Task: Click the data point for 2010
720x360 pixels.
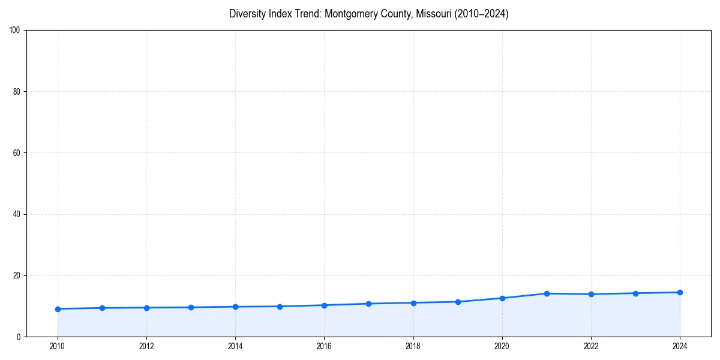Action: tap(58, 309)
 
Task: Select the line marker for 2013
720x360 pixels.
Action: tap(191, 307)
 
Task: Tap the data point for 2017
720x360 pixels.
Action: tap(368, 304)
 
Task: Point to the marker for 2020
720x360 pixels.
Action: tap(502, 298)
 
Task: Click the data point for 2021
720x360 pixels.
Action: tap(547, 293)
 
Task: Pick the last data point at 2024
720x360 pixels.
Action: tap(680, 292)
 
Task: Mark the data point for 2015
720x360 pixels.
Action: tap(280, 307)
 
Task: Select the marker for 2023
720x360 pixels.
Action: tap(635, 293)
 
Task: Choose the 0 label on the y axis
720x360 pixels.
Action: tap(19, 337)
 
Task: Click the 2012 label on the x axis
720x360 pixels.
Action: tap(146, 346)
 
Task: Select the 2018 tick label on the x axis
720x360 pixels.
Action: tap(413, 346)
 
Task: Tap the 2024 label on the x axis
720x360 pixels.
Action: tap(680, 346)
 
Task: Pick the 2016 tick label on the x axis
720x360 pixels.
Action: tap(324, 346)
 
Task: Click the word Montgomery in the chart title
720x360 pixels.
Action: tap(352, 14)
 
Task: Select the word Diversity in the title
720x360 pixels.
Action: tap(246, 14)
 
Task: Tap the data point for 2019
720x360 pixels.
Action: tap(458, 302)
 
